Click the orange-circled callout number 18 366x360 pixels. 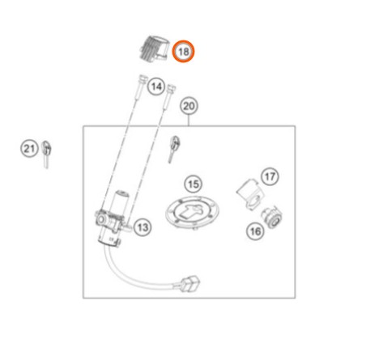(184, 51)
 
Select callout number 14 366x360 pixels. (156, 87)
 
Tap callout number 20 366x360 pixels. (189, 106)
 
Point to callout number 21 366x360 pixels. (29, 149)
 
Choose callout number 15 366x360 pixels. (194, 184)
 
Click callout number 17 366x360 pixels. (270, 176)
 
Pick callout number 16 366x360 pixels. (255, 231)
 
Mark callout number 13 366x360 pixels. (143, 227)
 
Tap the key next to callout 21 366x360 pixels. (47, 154)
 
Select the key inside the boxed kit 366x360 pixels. (174, 148)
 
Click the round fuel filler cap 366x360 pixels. (192, 212)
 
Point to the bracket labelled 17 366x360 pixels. (249, 194)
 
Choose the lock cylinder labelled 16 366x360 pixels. (271, 217)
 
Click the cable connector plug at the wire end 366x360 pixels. (191, 283)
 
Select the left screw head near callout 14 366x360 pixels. (143, 78)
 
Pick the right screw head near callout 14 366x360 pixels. (172, 87)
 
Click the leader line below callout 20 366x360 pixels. (189, 121)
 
